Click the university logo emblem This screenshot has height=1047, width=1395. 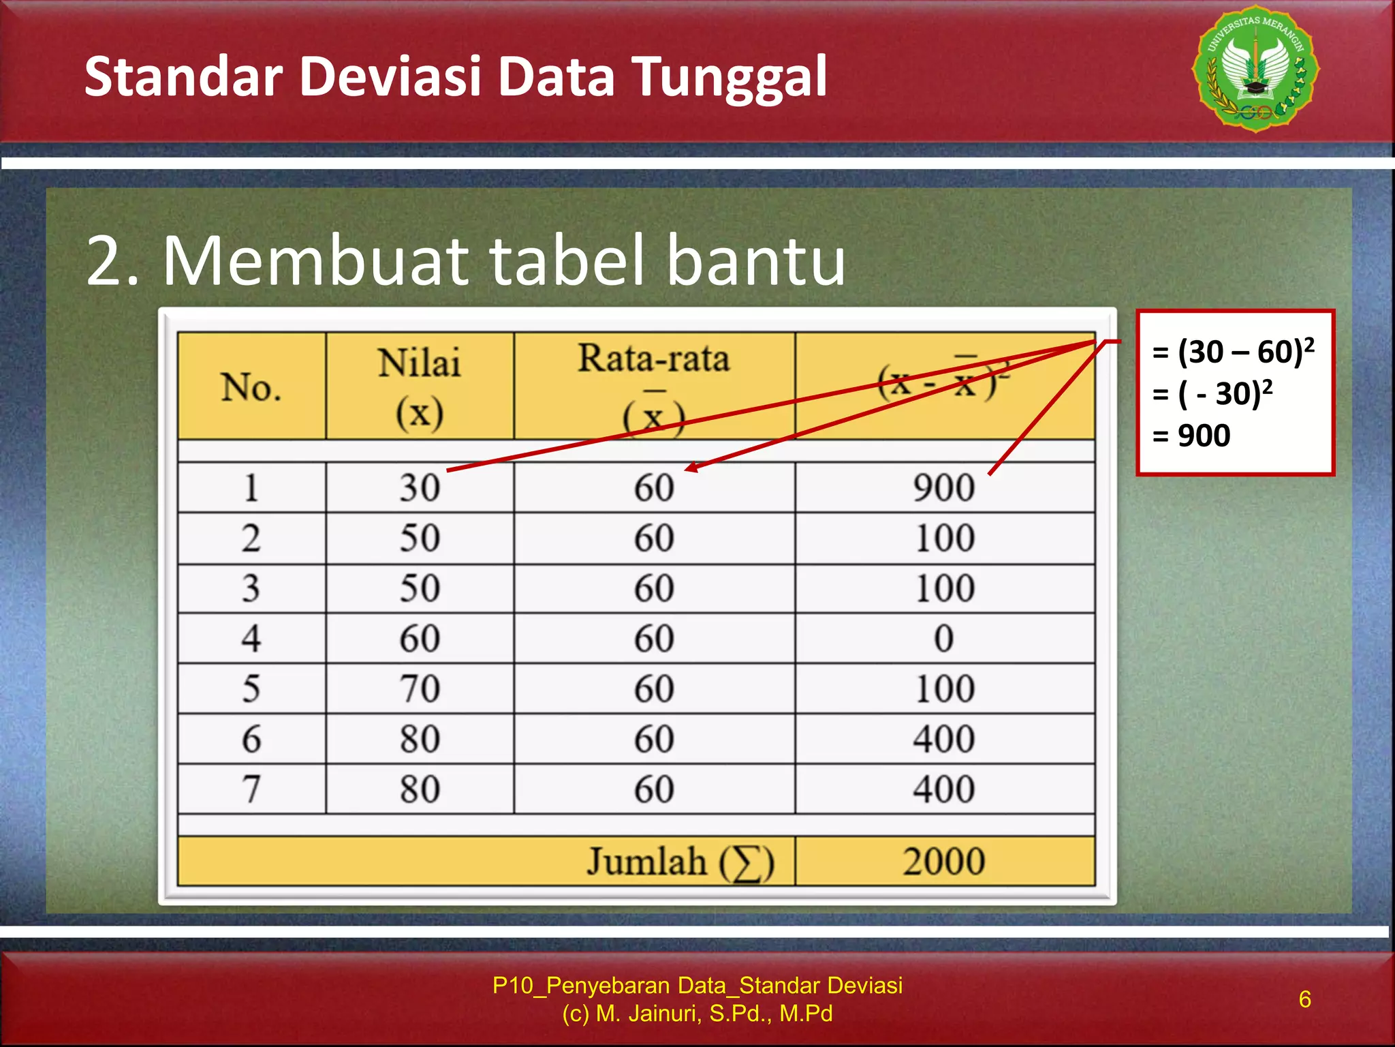(1255, 69)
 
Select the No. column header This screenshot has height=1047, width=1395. (251, 387)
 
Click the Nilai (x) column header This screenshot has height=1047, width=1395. (420, 387)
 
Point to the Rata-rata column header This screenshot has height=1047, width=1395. (654, 360)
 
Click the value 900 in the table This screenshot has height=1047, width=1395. (944, 488)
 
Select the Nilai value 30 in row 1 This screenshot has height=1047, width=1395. (420, 488)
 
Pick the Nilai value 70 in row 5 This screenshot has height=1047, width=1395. (420, 688)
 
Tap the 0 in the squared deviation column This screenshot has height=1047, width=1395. (944, 639)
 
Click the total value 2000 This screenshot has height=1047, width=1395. (944, 861)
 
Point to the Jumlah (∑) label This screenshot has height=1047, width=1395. (680, 862)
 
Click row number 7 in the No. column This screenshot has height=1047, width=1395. (251, 789)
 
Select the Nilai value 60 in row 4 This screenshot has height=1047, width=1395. (420, 639)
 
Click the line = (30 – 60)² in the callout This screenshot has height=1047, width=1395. (1233, 352)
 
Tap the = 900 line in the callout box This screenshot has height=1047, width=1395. (1192, 436)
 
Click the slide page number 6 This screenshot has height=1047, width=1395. (1304, 999)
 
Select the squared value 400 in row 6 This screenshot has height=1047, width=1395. (944, 739)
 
